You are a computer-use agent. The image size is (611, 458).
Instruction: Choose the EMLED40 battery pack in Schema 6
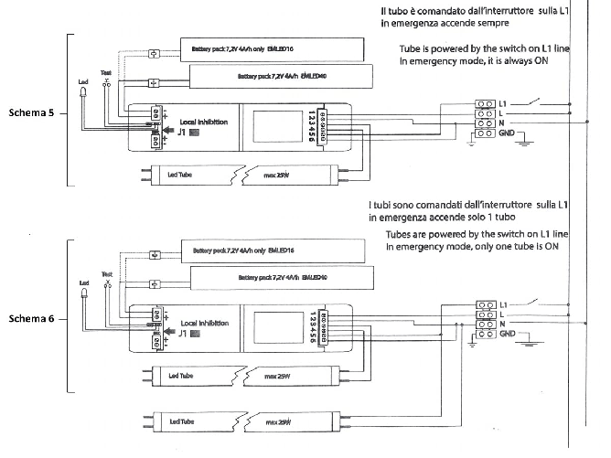(280, 276)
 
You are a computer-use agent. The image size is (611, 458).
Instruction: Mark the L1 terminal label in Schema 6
(505, 302)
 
